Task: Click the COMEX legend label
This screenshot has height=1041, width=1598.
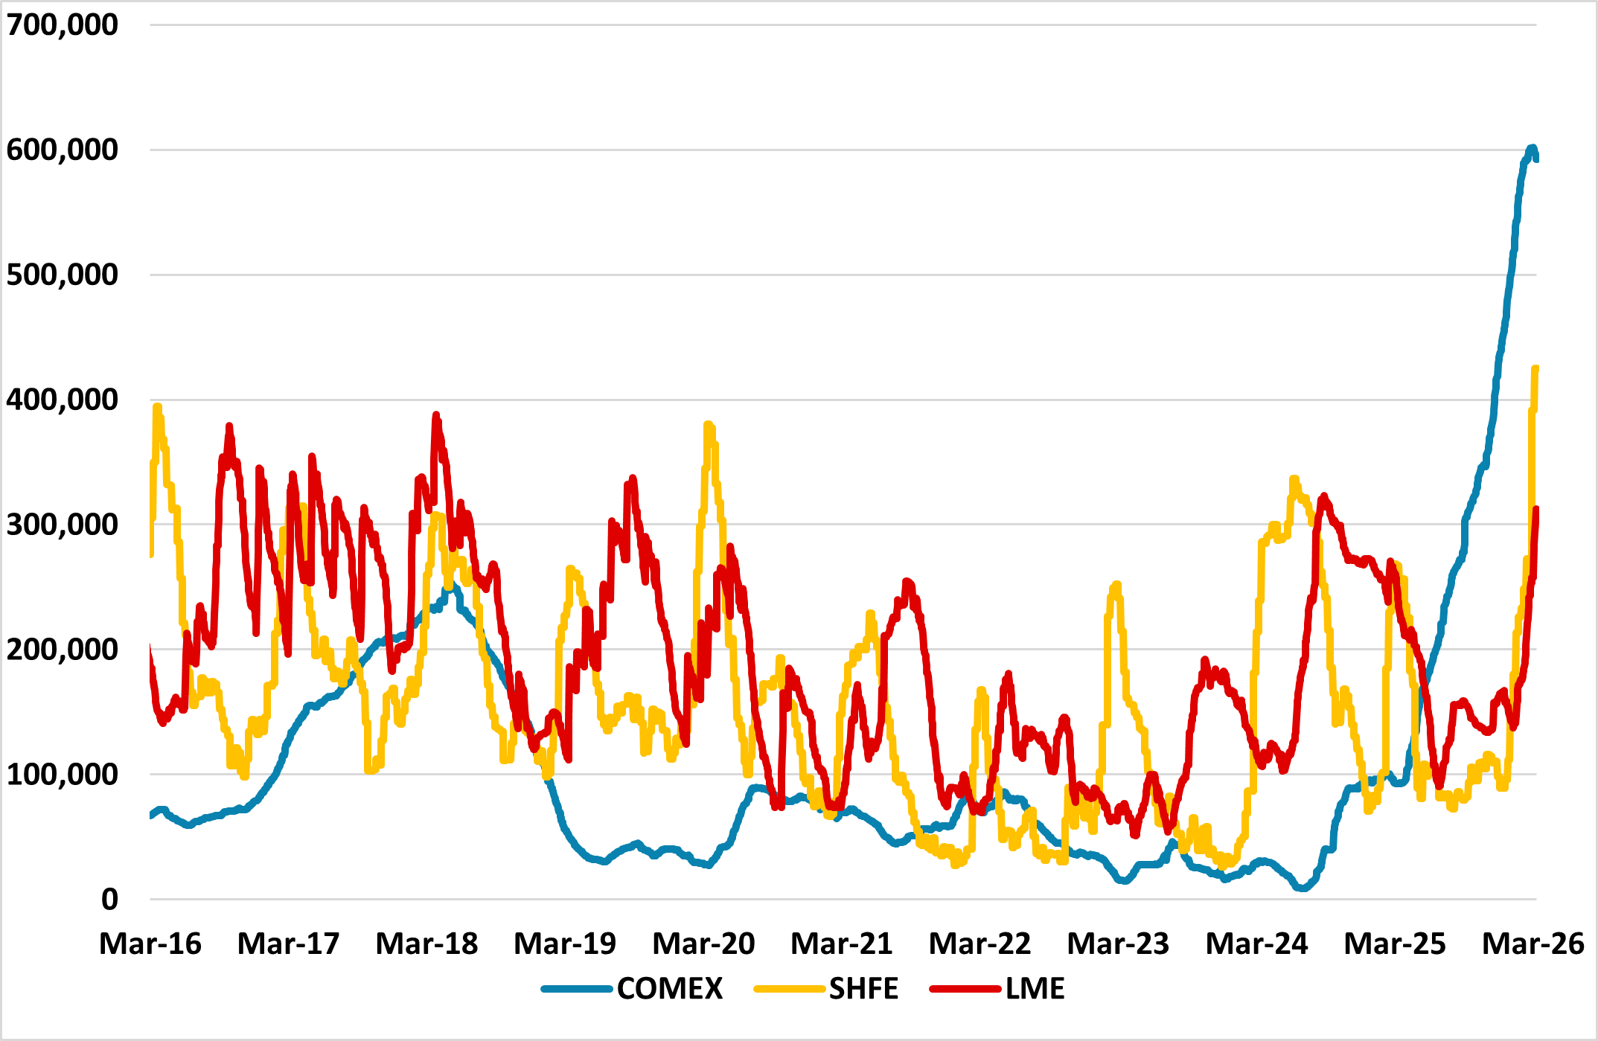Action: [669, 989]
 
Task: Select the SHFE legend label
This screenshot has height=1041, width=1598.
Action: [863, 989]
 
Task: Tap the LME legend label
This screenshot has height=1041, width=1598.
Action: [1035, 989]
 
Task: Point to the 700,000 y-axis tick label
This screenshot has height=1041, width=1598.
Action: [62, 25]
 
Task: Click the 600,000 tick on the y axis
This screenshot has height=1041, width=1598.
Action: [62, 150]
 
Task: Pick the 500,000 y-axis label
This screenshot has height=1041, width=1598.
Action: [62, 275]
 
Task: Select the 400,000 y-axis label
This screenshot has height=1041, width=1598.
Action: [62, 400]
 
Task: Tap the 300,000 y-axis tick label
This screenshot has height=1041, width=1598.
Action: [62, 525]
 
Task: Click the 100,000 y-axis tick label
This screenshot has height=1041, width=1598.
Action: [62, 775]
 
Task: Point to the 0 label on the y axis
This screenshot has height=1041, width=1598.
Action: [109, 900]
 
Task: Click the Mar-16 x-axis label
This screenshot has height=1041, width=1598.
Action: [150, 944]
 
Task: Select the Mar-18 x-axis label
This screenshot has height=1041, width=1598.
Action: [426, 944]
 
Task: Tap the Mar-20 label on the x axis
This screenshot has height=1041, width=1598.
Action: [703, 944]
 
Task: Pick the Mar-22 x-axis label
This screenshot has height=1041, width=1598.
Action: [979, 944]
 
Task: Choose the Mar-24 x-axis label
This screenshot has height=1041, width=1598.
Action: [1256, 944]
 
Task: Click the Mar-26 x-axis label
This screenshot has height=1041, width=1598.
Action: [1533, 944]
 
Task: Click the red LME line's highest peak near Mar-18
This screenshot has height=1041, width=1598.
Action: [436, 415]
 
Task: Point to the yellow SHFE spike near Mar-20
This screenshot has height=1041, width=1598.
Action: [707, 425]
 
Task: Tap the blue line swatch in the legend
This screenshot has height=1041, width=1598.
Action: [576, 989]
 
